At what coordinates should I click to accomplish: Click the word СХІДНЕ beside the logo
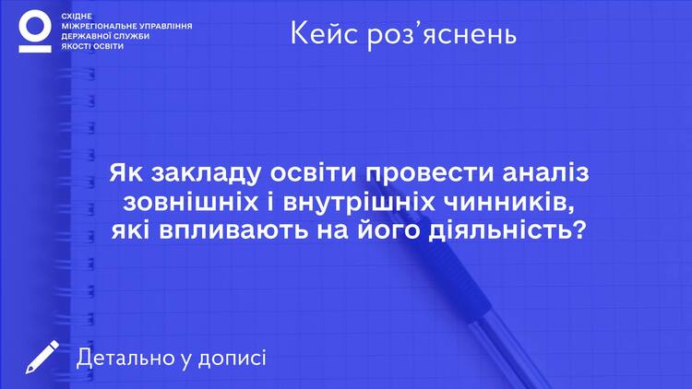click(x=77, y=17)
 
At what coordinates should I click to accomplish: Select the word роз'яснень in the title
click(x=442, y=35)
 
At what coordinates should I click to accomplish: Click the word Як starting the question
click(x=126, y=172)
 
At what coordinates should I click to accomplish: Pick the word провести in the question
click(x=429, y=174)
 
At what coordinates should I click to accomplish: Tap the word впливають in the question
click(x=233, y=231)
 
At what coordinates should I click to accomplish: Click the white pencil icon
click(x=42, y=357)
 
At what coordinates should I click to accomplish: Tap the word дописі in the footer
click(x=233, y=359)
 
